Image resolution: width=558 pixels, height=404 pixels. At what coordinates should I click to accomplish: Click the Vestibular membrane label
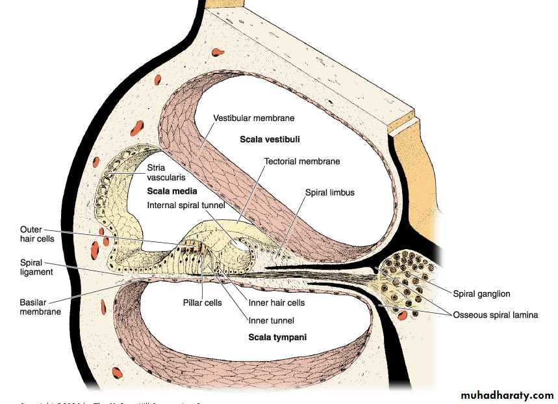[x=254, y=118]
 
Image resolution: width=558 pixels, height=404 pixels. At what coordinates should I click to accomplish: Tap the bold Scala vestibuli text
[x=270, y=139]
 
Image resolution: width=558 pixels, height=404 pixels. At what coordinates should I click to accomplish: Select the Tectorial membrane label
[x=302, y=161]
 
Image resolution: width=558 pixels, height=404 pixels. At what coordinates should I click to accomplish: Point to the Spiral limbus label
[x=330, y=193]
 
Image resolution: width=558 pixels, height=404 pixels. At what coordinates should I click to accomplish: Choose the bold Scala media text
[x=172, y=192]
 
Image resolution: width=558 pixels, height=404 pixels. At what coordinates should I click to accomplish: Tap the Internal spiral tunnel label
[x=186, y=206]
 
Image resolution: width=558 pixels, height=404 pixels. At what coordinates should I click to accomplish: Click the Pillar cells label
[x=202, y=303]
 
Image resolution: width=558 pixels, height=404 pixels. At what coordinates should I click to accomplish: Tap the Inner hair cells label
[x=277, y=303]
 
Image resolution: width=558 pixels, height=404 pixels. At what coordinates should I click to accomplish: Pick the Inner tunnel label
[x=271, y=320]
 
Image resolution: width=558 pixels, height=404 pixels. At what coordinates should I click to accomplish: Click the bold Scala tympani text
[x=277, y=338]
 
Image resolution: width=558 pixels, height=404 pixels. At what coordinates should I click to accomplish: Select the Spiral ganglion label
[x=480, y=294]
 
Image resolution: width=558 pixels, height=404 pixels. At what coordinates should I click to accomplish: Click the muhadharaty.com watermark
[x=507, y=395]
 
